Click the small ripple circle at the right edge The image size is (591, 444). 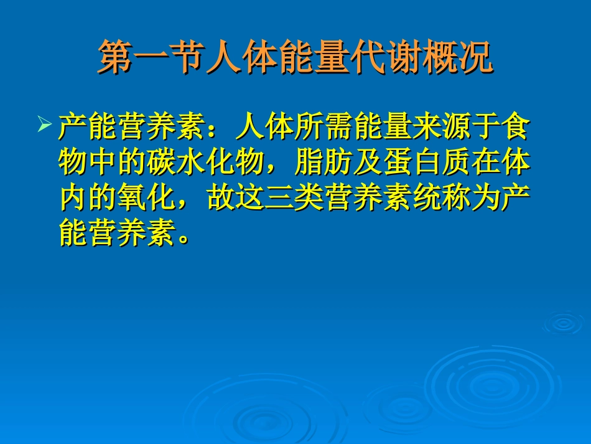pyautogui.click(x=564, y=323)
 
